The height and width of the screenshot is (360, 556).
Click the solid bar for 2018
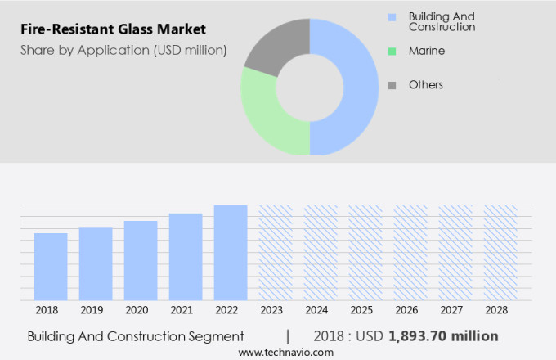pyautogui.click(x=51, y=267)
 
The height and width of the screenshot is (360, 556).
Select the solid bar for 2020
pyautogui.click(x=141, y=260)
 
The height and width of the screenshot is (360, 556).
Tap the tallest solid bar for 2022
pyautogui.click(x=231, y=252)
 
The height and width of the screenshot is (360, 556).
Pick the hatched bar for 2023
pyautogui.click(x=276, y=252)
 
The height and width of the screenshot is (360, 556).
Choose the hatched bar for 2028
pyautogui.click(x=500, y=252)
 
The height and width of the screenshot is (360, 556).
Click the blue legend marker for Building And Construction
pyautogui.click(x=392, y=17)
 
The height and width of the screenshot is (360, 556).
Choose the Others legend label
pyautogui.click(x=425, y=84)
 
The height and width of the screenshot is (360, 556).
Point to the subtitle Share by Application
pyautogui.click(x=123, y=51)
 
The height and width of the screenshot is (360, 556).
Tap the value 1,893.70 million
pyautogui.click(x=443, y=336)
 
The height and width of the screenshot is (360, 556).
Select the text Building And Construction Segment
pyautogui.click(x=136, y=336)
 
